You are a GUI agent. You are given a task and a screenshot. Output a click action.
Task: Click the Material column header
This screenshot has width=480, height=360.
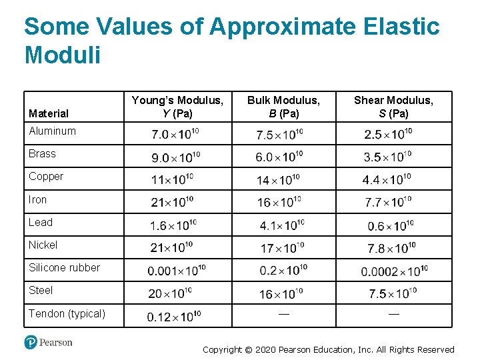click(x=48, y=113)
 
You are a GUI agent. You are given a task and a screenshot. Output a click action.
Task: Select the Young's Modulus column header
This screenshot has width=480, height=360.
click(x=177, y=107)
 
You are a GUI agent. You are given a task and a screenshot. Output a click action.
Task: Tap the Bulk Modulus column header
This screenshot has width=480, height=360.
click(x=283, y=107)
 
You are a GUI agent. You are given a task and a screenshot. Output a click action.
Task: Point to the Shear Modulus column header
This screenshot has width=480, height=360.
click(x=393, y=107)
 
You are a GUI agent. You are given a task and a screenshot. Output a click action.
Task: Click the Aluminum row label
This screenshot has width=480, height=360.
click(x=52, y=131)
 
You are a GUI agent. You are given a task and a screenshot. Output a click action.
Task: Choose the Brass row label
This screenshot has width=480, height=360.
click(x=42, y=153)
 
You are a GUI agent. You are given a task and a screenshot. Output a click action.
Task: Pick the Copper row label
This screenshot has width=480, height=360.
click(x=46, y=176)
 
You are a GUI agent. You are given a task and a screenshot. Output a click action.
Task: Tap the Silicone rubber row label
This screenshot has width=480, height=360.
click(x=64, y=267)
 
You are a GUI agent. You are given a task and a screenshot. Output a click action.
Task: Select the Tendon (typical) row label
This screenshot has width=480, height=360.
click(x=67, y=313)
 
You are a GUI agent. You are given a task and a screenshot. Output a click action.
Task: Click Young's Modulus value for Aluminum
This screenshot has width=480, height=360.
click(x=175, y=134)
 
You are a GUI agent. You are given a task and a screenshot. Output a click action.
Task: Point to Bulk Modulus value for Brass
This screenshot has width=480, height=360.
click(x=280, y=157)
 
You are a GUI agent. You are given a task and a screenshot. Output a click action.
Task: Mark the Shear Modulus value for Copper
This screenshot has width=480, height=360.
click(x=387, y=179)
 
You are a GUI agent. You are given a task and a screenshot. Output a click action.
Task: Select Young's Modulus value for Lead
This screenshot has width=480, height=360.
click(x=174, y=225)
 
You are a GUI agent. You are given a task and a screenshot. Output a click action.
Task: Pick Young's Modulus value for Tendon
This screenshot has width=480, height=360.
click(x=174, y=317)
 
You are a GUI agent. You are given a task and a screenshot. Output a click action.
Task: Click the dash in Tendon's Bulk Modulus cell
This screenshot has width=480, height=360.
click(x=284, y=313)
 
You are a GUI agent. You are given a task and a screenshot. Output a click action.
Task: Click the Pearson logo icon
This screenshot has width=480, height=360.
click(x=31, y=342)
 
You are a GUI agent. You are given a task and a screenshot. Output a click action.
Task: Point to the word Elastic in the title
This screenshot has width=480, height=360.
click(x=391, y=27)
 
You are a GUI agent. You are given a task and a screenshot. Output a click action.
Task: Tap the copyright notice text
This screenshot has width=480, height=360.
click(x=328, y=349)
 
